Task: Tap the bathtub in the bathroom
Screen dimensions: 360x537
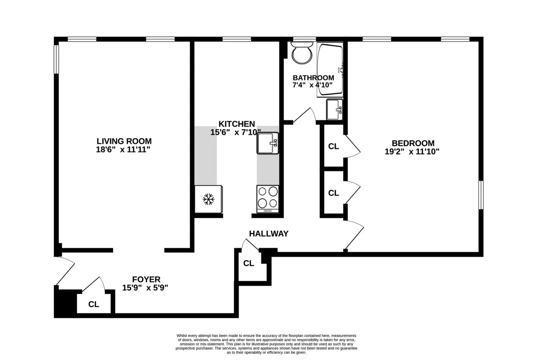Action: click(x=330, y=69)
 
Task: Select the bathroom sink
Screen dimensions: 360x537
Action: click(x=334, y=109)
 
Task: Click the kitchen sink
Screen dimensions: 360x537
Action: click(x=268, y=144)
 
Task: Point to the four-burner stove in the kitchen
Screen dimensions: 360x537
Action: click(x=268, y=199)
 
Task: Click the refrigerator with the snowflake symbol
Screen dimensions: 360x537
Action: click(x=208, y=199)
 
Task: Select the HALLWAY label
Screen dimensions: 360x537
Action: click(x=268, y=233)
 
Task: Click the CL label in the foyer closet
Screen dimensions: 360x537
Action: click(x=94, y=305)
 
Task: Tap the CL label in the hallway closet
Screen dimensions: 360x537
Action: click(x=248, y=263)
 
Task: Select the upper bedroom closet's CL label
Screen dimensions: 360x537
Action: click(x=333, y=146)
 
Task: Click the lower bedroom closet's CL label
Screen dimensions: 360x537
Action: click(x=333, y=193)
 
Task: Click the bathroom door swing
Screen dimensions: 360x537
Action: click(x=306, y=115)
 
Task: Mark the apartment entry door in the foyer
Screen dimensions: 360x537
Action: click(x=65, y=271)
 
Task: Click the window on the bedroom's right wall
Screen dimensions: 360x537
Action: click(x=481, y=195)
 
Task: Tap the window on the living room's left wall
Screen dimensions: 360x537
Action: click(x=56, y=58)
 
